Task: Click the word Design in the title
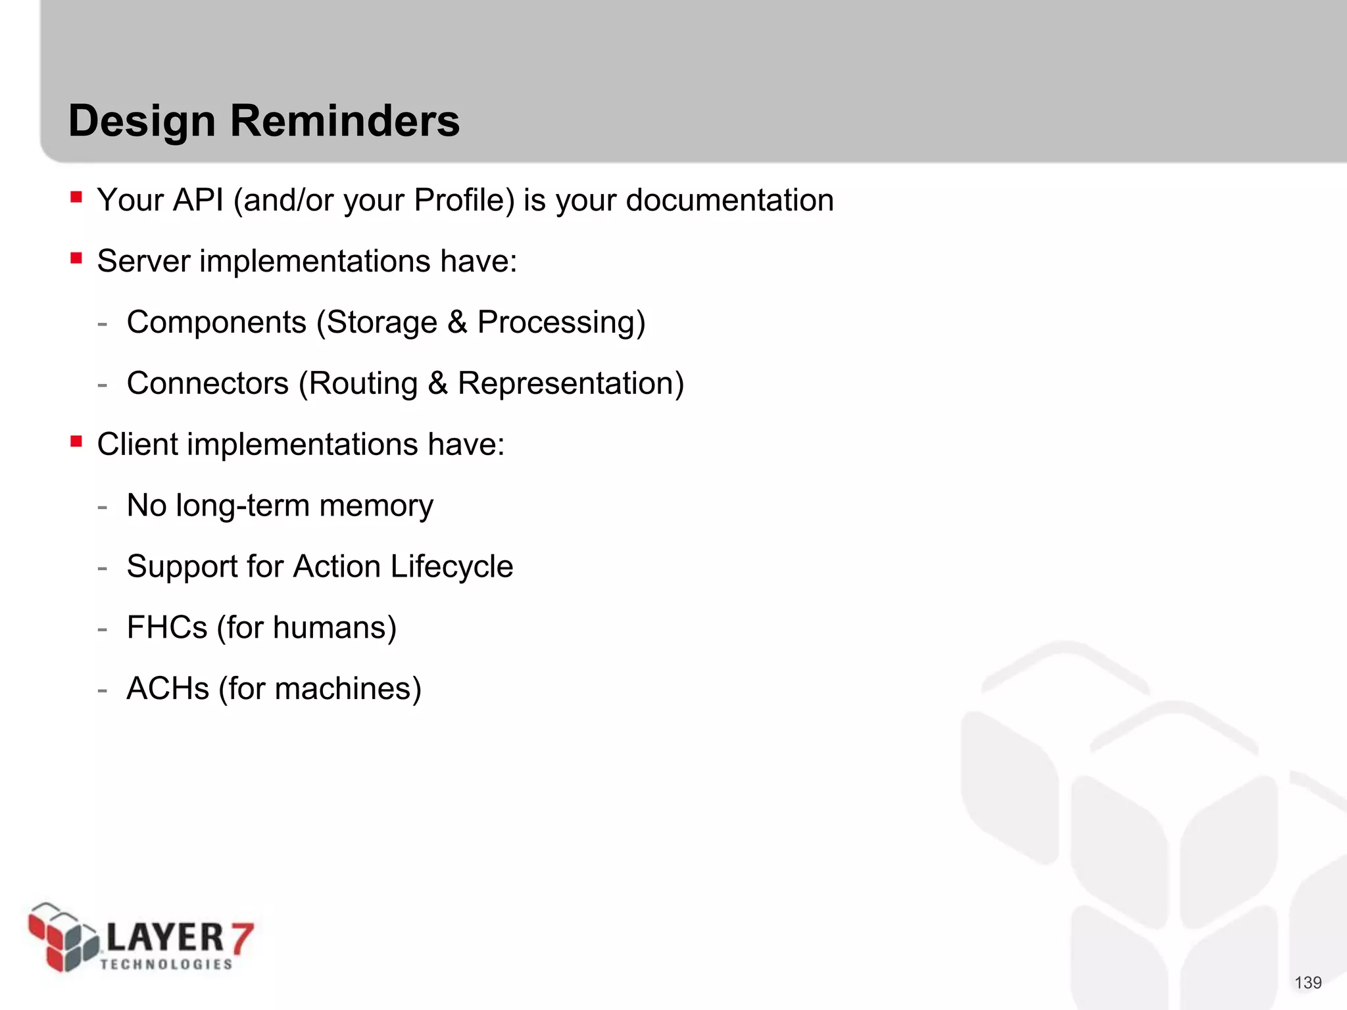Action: [141, 122]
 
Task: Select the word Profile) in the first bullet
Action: [464, 200]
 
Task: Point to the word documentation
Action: [729, 200]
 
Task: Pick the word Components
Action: [216, 322]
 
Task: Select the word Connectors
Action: [207, 383]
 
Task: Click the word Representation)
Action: [570, 383]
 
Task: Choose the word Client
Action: [137, 445]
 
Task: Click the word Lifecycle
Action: [451, 566]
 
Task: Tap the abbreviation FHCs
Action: [167, 627]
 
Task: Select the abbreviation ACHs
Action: [168, 688]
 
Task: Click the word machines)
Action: [348, 688]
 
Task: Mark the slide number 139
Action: [1308, 982]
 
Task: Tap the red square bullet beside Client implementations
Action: [76, 441]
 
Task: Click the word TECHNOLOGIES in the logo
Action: [166, 964]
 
